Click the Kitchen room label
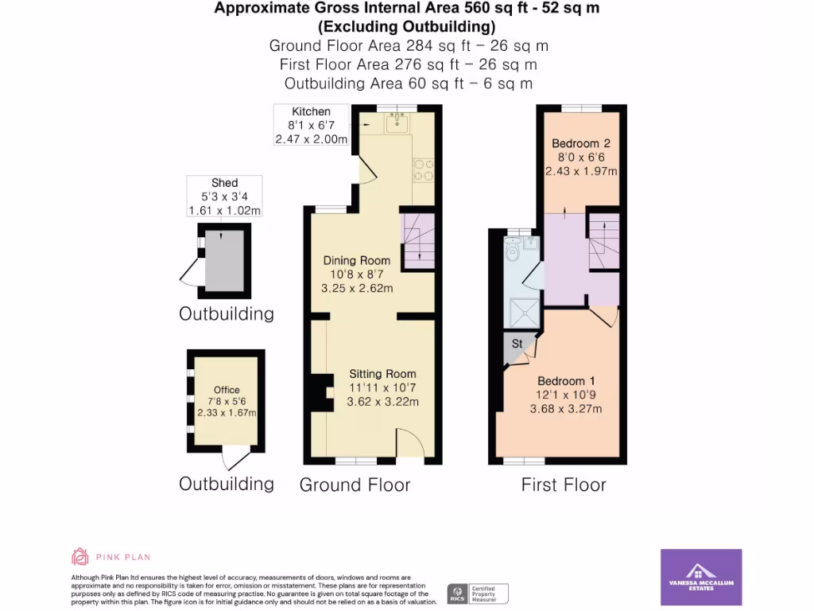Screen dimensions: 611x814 coord(311,111)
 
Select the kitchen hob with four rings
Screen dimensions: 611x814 coord(423,169)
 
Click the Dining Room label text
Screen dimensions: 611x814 coord(356,260)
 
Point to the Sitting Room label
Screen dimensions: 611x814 coord(382,374)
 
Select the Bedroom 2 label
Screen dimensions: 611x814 coord(581,143)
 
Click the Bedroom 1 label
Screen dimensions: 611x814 coord(566,381)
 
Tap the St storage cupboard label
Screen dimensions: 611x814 coord(517,344)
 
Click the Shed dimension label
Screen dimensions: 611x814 coord(224,197)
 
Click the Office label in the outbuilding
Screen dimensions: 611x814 coord(227,390)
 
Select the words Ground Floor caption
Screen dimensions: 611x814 coord(355,485)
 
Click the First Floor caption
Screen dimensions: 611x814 coord(564,485)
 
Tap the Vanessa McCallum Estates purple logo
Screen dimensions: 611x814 coord(701,578)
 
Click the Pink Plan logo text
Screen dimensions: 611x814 coord(124,557)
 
